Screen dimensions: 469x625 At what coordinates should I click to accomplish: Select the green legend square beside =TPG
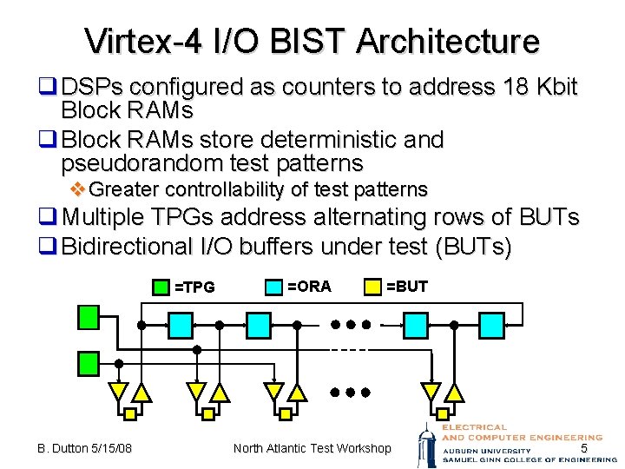pos(161,285)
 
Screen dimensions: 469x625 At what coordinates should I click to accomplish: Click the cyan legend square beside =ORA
pos(273,285)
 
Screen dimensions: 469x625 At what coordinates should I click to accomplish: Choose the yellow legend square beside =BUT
pos(372,285)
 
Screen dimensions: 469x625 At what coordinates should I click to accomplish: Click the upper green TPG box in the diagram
pos(88,317)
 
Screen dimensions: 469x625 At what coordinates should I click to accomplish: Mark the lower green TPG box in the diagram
pos(88,362)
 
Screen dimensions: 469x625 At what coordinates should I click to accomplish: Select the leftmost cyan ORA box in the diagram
pos(180,325)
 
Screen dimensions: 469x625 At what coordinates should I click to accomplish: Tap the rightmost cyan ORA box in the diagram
pos(417,325)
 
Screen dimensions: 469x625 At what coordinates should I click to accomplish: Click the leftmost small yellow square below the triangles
pos(129,414)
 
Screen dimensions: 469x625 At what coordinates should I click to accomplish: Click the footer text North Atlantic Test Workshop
pos(312,448)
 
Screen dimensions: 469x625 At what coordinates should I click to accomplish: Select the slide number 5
pos(584,448)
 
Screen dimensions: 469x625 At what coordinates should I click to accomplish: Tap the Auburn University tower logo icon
pos(425,444)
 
